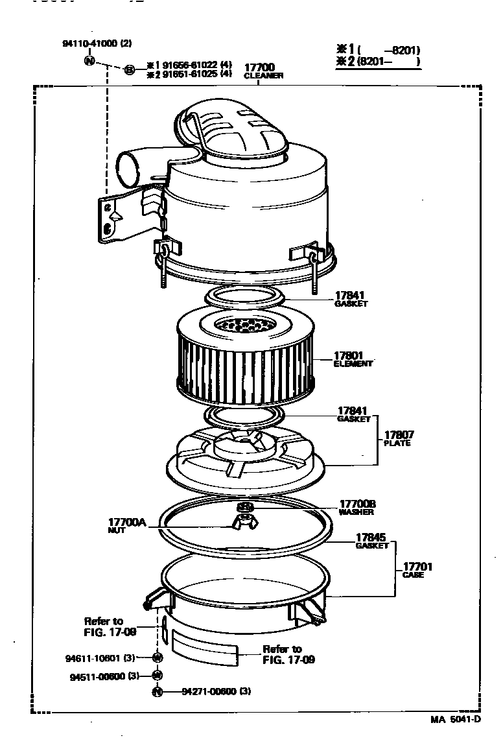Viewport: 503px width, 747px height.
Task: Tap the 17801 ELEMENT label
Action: tap(353, 359)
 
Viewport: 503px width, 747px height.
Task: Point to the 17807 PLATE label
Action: tap(398, 438)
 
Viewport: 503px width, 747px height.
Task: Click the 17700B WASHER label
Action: tap(357, 507)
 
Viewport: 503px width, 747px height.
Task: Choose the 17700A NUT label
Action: tap(128, 525)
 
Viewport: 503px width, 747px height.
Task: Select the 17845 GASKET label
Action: tap(371, 541)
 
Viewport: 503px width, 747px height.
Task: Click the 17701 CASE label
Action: tap(417, 570)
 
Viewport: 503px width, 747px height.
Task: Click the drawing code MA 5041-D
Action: tap(456, 720)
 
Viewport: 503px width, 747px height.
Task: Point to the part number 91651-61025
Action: tap(189, 74)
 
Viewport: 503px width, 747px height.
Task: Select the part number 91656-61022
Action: tap(189, 65)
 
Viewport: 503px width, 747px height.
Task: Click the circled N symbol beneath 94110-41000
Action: tap(89, 60)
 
